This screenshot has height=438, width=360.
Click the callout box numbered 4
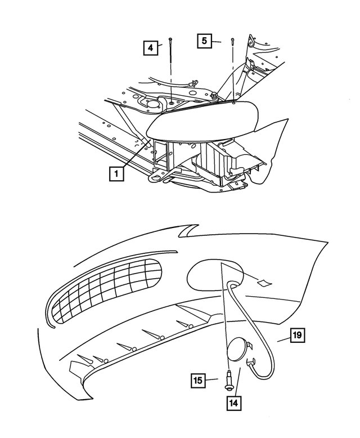point(150,48)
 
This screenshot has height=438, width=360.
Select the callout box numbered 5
point(205,41)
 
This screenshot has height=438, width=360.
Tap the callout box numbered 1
point(116,174)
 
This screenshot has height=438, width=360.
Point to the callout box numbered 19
point(297,336)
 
